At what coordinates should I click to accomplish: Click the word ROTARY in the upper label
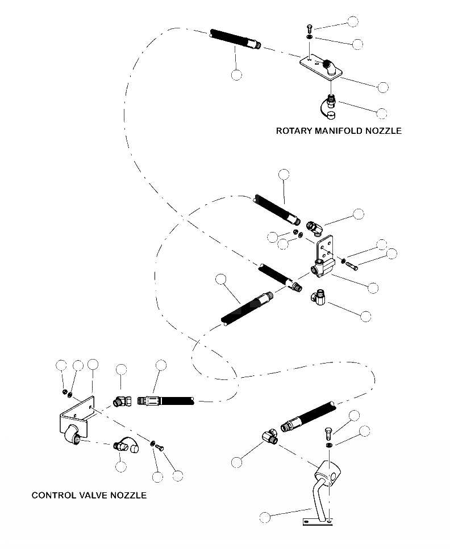(294, 131)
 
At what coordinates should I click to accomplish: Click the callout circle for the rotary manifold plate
(383, 87)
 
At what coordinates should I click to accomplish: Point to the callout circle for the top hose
(237, 75)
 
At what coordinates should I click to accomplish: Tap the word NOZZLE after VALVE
(130, 495)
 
